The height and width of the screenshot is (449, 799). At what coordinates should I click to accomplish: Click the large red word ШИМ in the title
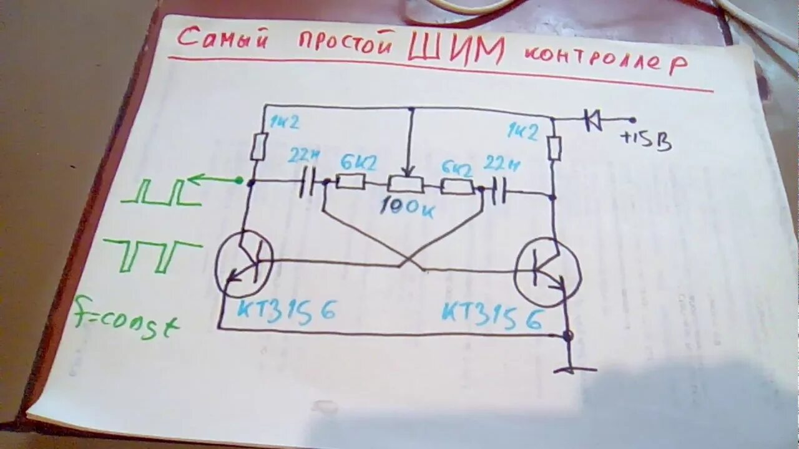pos(456,50)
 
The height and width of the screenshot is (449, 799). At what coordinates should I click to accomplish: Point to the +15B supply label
pos(645,141)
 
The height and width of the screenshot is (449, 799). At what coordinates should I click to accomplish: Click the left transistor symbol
pos(244,264)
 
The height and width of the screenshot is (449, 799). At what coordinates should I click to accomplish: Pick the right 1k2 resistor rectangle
pos(554,148)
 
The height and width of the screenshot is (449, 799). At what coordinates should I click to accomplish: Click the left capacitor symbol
pos(309,183)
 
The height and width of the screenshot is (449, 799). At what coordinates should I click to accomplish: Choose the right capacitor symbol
pos(498,193)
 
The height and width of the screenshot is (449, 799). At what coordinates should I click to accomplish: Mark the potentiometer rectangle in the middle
pos(405,184)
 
